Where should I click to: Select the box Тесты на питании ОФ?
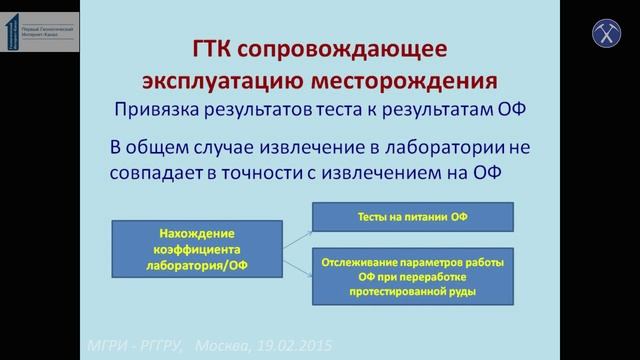coord(412,217)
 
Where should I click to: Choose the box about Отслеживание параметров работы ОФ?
coord(412,276)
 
